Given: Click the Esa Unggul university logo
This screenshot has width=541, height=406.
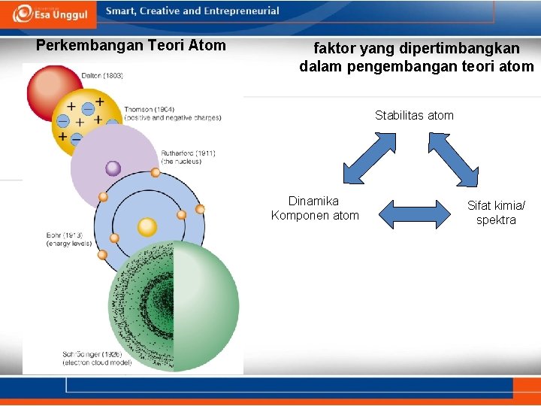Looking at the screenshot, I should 50,12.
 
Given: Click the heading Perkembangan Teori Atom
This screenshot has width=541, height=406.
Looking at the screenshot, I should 131,45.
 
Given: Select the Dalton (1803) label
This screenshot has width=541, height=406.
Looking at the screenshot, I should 103,76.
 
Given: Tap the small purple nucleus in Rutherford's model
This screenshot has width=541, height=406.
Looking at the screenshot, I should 113,168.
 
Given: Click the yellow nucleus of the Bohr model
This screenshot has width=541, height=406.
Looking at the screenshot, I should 147,226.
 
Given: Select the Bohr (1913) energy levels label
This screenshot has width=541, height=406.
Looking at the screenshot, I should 69,239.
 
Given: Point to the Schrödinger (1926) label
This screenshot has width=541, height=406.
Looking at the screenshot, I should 97,358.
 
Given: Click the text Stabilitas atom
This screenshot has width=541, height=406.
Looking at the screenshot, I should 414,116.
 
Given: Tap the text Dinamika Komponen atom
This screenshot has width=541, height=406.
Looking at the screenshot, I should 315,208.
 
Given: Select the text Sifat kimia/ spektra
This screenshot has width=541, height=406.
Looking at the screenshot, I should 496,213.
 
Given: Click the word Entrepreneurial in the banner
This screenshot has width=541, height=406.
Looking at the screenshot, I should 242,11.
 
